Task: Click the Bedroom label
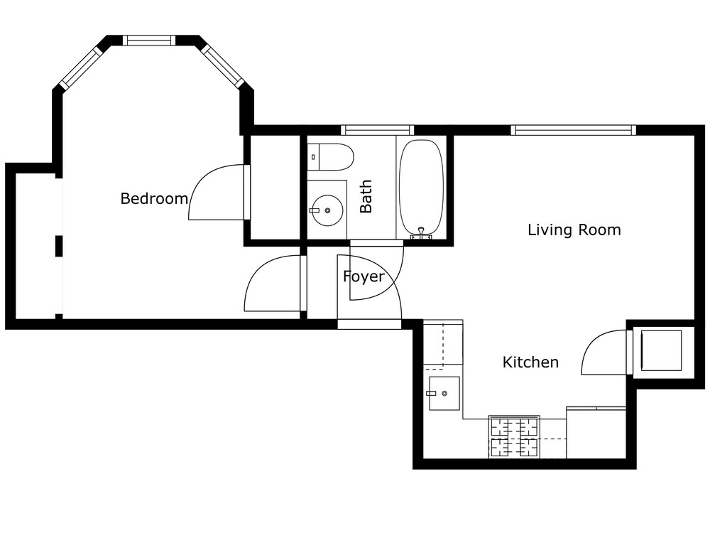coord(154,198)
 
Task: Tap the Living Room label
coord(574,230)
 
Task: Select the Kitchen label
coord(530,362)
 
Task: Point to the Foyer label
coord(364,276)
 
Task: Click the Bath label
coord(366,196)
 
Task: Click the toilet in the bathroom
coord(330,157)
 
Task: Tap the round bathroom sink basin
coord(327,210)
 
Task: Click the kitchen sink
coord(444,394)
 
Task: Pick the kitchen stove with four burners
coord(514,437)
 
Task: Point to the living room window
coord(574,130)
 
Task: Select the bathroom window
coord(377,130)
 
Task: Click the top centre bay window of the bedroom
coord(148,41)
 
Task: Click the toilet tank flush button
coord(313,157)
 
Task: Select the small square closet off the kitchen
coord(661,350)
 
